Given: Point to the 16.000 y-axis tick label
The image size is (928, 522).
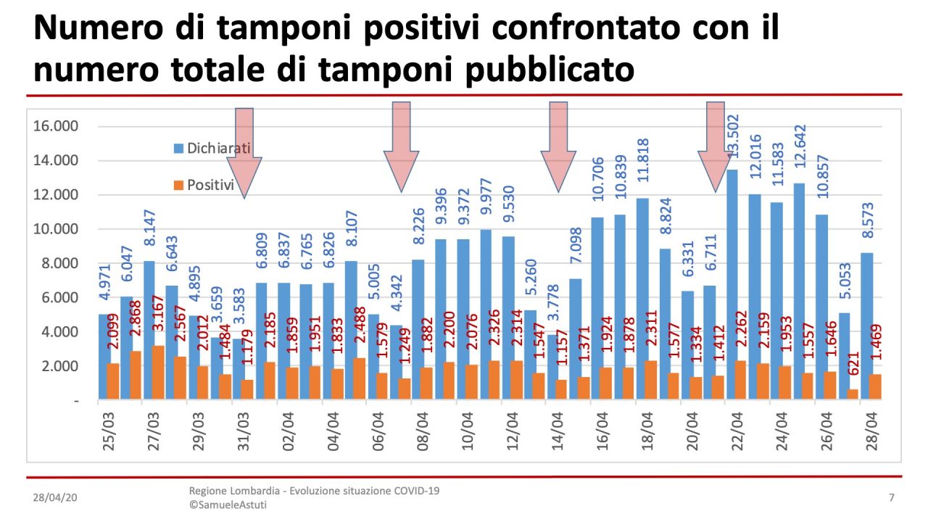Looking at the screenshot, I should [x=56, y=126].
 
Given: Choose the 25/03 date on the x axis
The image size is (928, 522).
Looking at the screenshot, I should [x=109, y=433].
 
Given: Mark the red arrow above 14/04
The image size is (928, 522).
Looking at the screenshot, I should [x=558, y=146].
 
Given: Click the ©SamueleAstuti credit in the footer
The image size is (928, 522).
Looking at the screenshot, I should [x=228, y=505].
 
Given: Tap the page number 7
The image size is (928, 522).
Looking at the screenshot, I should [x=891, y=498].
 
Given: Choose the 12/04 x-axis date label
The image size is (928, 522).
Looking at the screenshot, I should [x=512, y=433].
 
